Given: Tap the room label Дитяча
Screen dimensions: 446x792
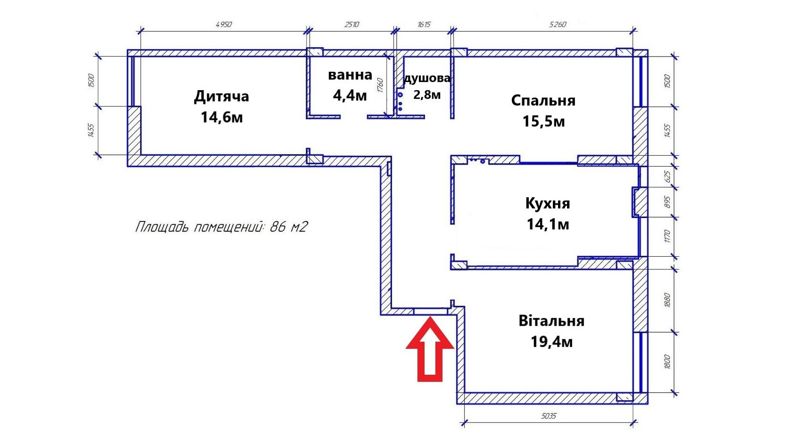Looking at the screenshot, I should (221, 96).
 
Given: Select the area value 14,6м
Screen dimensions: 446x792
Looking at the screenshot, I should (222, 117).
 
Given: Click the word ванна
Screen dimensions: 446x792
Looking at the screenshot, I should (350, 75).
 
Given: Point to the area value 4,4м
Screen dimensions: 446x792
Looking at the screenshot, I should (350, 96).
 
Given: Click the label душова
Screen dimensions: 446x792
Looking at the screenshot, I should (427, 78).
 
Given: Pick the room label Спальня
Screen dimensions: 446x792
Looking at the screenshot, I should (543, 101).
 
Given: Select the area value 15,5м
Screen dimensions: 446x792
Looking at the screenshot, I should (543, 121).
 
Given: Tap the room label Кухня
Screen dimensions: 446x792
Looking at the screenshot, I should (548, 203).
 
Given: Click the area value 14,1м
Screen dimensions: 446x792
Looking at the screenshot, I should (548, 224).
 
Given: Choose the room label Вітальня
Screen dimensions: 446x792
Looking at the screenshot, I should (551, 321).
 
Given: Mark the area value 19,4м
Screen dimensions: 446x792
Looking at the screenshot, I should (551, 341).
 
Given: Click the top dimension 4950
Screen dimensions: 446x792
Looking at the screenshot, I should (224, 25).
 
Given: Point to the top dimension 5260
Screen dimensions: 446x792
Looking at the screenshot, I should (558, 25).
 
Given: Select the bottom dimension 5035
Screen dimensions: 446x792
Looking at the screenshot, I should (549, 416).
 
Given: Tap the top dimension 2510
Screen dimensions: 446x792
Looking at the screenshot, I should (351, 25).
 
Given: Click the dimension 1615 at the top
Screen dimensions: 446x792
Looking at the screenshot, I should (424, 25).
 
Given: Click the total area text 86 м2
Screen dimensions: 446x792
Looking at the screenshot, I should (288, 227).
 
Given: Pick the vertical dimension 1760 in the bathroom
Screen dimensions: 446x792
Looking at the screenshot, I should (380, 85).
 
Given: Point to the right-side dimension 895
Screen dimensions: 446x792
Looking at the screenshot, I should (667, 202).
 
